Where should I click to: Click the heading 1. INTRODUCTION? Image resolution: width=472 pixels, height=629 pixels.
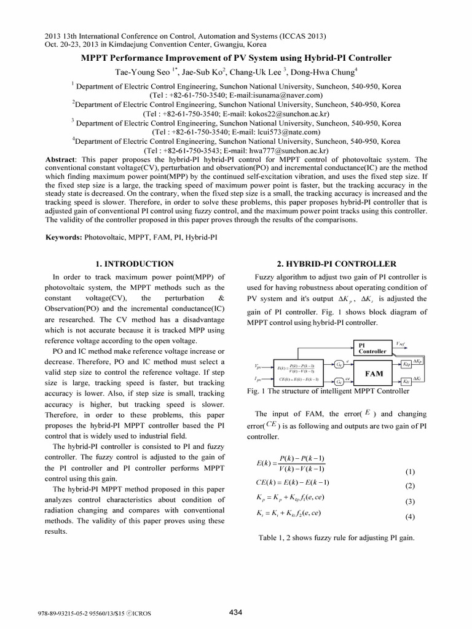pos(135,264)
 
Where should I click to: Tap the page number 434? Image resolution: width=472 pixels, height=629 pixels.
pos(235,611)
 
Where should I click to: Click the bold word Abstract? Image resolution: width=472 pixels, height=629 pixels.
pos(60,158)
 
